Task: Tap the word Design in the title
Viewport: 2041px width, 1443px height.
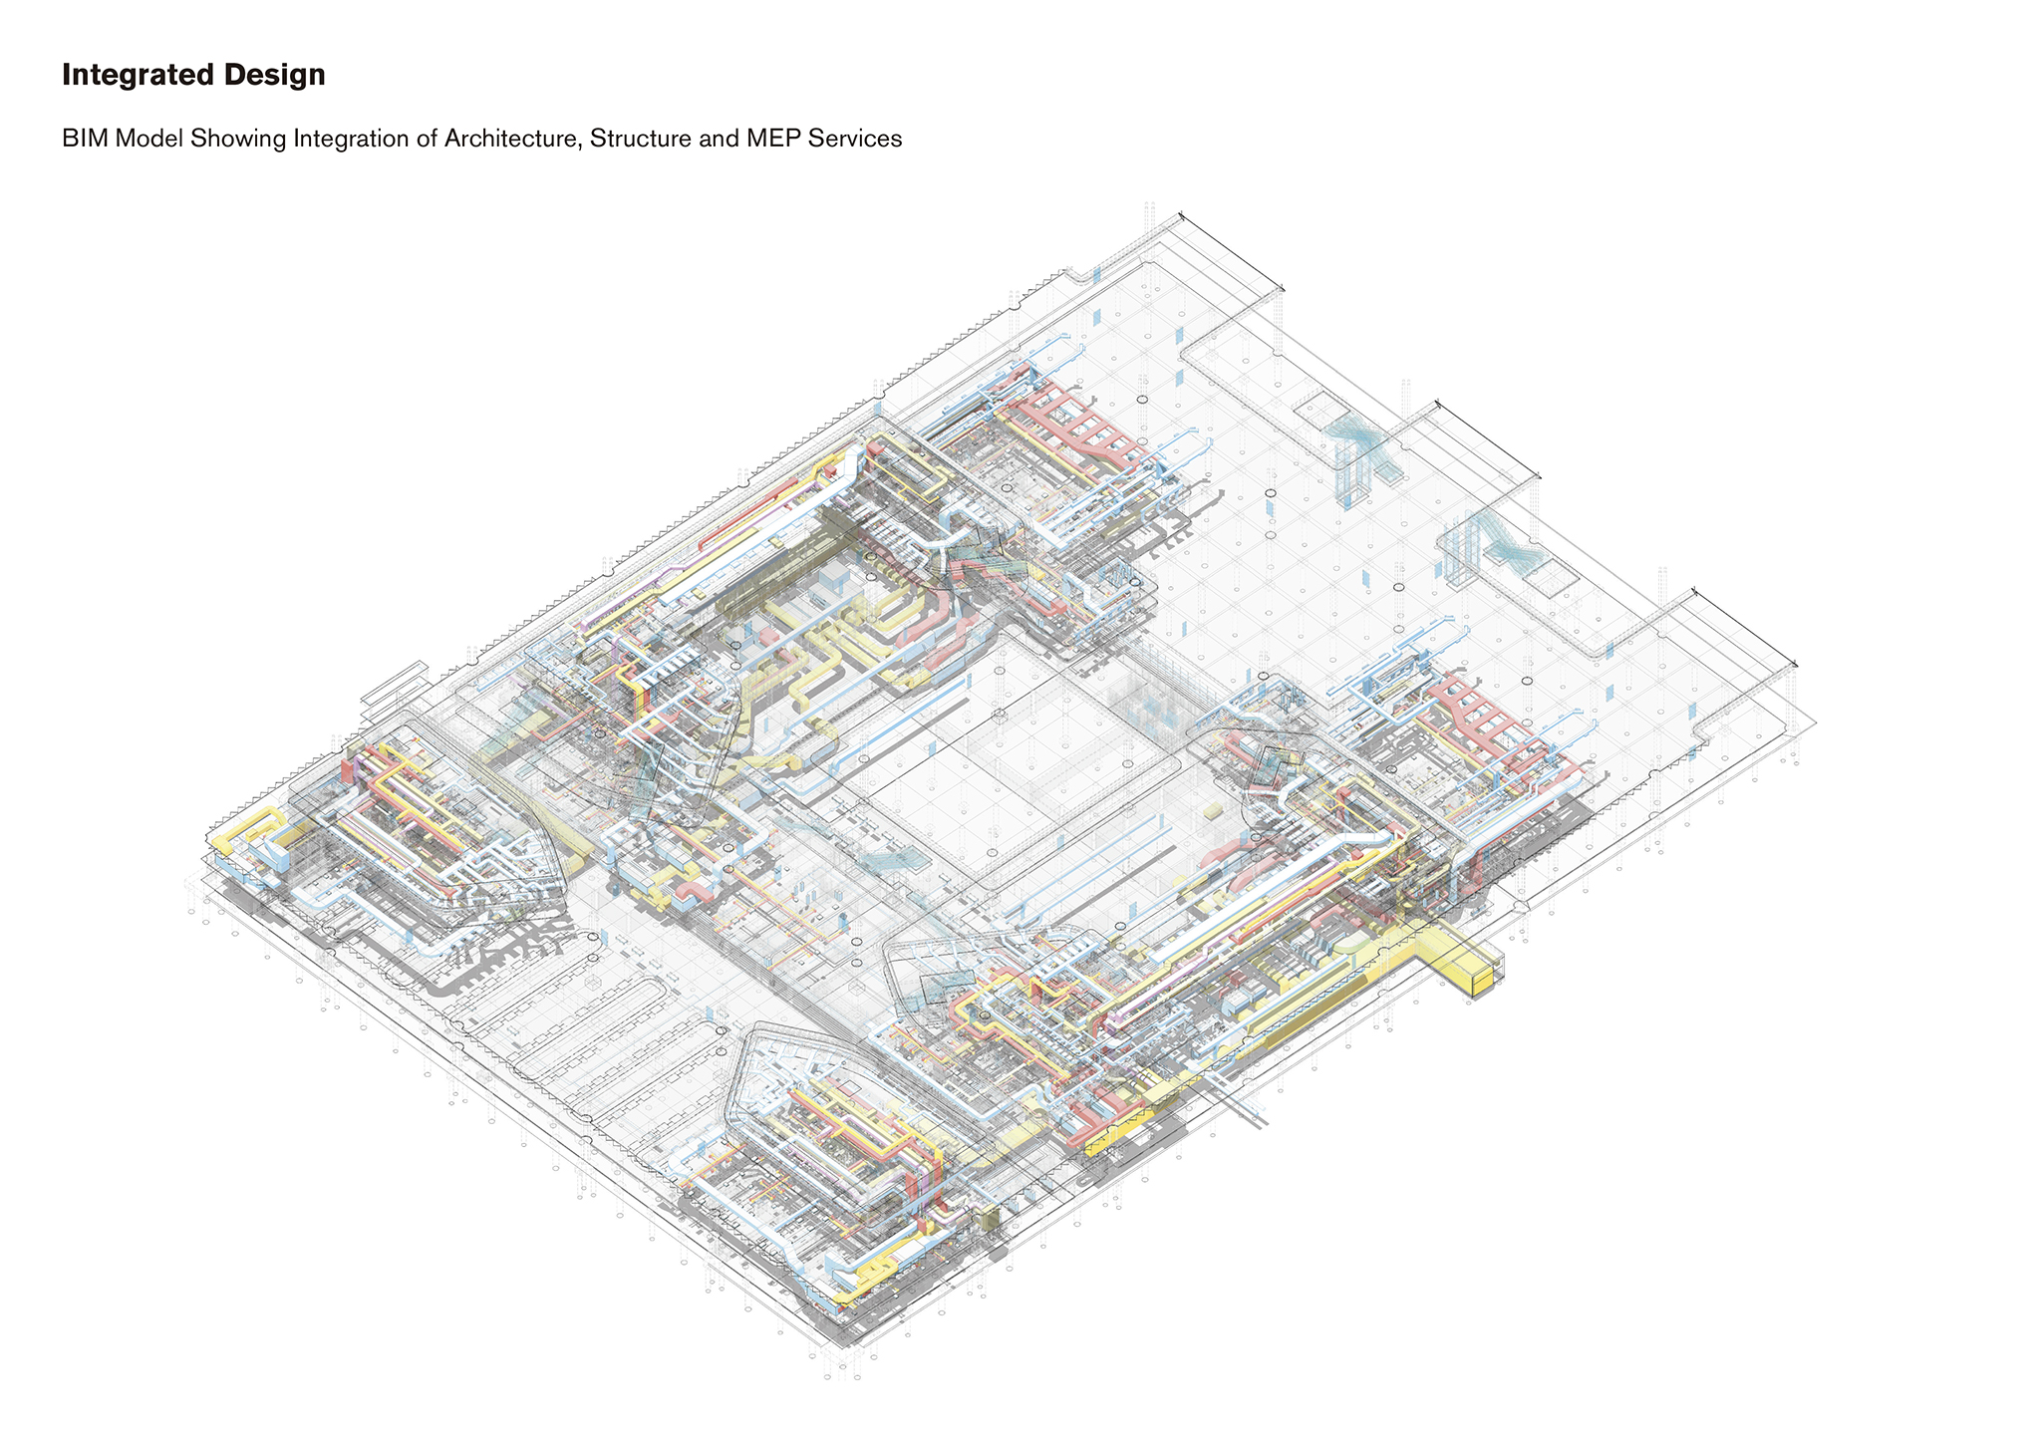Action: tap(282, 76)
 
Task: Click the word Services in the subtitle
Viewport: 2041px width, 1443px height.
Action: tap(853, 139)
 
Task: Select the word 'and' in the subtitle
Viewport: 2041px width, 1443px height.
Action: tap(714, 139)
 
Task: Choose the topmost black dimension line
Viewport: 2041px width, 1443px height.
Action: tap(1232, 250)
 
